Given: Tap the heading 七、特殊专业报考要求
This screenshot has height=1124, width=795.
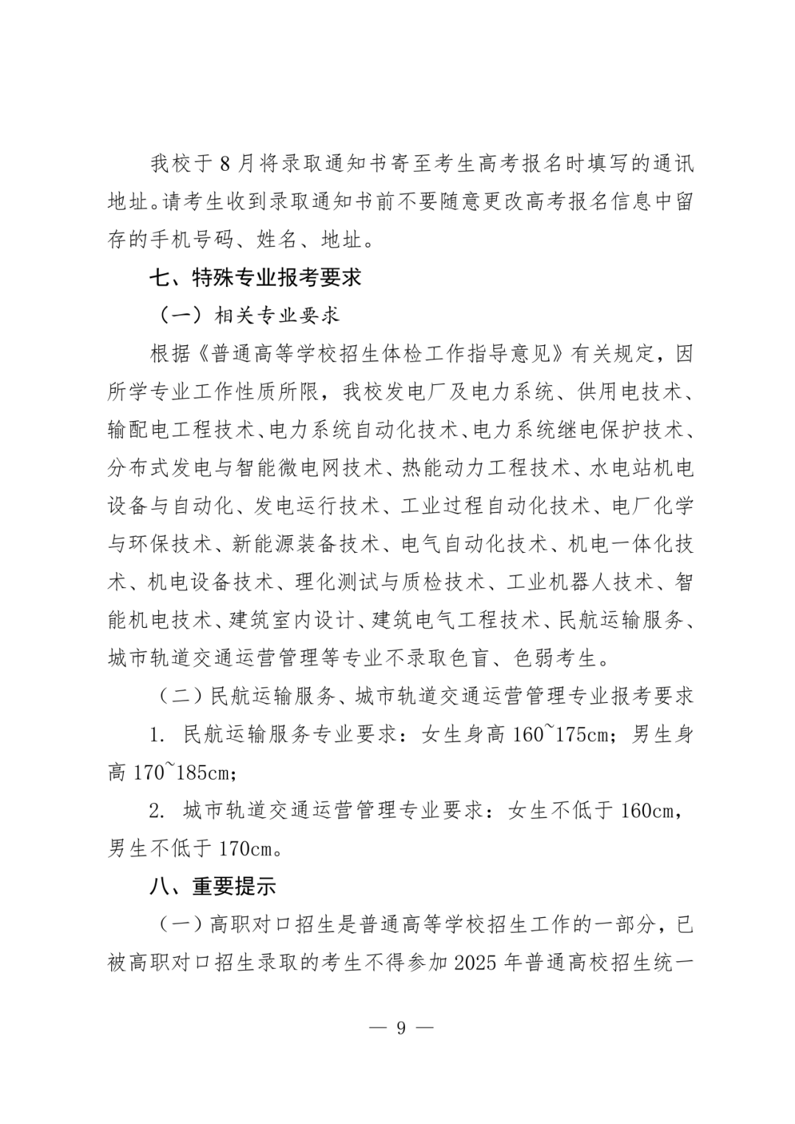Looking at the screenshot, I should click(x=255, y=278).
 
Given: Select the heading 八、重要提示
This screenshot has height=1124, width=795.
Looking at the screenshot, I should click(x=213, y=886).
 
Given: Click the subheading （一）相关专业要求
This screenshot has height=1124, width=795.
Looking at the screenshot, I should click(x=250, y=316).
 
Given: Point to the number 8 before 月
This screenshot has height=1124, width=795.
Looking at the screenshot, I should click(x=226, y=163).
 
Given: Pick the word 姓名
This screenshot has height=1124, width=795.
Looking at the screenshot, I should click(x=277, y=240).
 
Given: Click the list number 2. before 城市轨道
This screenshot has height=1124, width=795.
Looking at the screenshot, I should click(x=157, y=811).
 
